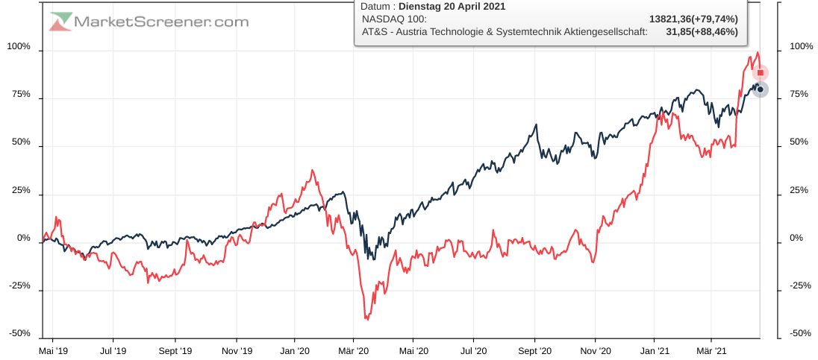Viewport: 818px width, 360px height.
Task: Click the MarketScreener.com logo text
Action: click(x=160, y=22)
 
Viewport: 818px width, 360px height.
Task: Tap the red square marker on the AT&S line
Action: click(x=761, y=72)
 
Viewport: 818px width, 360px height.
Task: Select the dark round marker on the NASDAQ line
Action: click(x=761, y=89)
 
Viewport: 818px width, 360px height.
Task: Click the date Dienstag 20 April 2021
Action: click(x=452, y=7)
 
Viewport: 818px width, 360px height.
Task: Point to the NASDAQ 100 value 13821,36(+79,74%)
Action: click(x=693, y=19)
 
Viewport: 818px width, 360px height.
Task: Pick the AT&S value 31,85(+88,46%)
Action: click(x=702, y=31)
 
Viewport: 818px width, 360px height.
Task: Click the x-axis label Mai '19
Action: click(x=53, y=350)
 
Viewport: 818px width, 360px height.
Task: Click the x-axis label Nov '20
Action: click(x=595, y=350)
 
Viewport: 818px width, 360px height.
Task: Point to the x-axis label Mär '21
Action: click(x=711, y=350)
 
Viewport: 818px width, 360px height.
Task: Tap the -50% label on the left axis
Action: click(x=19, y=333)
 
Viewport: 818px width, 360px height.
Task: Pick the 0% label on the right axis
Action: click(x=796, y=238)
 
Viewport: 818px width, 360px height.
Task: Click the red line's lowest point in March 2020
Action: click(x=366, y=319)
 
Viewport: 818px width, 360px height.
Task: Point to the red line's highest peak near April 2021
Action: click(x=757, y=52)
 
